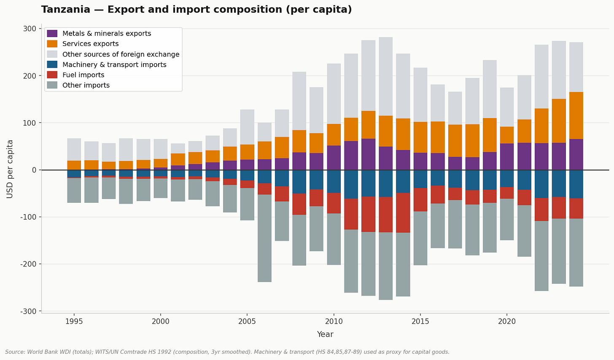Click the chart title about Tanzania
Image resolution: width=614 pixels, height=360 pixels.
(196, 10)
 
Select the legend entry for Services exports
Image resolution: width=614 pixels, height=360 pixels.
(90, 44)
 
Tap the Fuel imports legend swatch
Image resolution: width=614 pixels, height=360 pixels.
(52, 75)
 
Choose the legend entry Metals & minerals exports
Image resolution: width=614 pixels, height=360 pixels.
(106, 34)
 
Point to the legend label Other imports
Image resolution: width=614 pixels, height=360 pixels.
(86, 85)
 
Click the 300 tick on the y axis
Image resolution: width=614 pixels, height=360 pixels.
(30, 29)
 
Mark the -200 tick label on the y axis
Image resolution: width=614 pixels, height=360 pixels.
(28, 264)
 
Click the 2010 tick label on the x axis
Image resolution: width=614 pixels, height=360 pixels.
(334, 321)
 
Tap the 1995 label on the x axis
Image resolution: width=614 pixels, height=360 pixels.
(74, 321)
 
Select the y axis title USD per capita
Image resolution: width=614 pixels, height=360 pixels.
(10, 169)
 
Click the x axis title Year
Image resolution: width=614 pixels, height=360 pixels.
(325, 334)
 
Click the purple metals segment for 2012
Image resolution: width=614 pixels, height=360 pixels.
(368, 154)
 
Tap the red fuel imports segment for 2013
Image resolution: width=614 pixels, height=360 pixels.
(385, 215)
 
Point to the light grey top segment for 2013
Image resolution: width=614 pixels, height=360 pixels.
(385, 76)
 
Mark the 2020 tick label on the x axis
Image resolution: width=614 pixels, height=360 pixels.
(507, 321)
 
